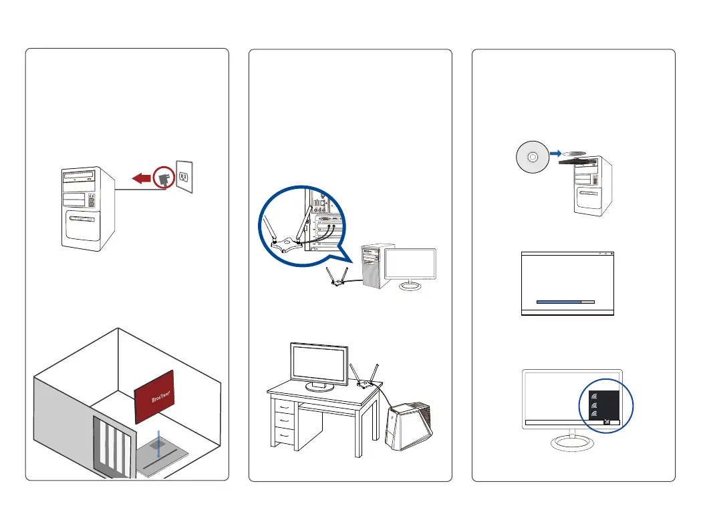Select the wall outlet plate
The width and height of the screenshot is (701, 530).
(x=184, y=176)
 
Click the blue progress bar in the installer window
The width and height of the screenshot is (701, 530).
(x=559, y=302)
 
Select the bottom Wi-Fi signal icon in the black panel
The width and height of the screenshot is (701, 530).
(x=593, y=415)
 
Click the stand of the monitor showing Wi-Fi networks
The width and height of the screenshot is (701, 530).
(x=571, y=441)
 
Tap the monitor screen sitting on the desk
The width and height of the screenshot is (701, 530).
(x=319, y=365)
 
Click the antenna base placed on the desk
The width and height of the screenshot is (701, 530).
(x=365, y=384)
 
